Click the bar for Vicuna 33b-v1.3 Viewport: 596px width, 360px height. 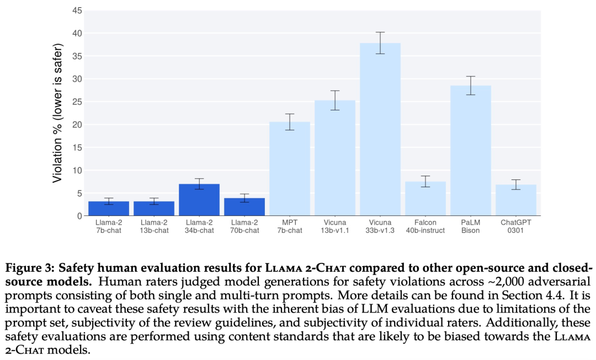click(x=380, y=130)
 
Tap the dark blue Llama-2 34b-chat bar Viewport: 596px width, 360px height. click(x=199, y=200)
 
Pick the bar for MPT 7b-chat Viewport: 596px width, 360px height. click(x=289, y=169)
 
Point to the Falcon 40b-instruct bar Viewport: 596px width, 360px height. click(x=425, y=199)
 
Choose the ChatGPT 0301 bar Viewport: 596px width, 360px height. click(x=515, y=200)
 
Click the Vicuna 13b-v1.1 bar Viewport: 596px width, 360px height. click(x=334, y=158)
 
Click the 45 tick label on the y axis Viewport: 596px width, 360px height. click(x=77, y=11)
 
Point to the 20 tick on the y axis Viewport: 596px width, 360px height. click(x=77, y=125)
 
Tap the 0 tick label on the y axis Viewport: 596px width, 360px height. click(x=79, y=216)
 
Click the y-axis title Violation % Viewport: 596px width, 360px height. click(x=58, y=117)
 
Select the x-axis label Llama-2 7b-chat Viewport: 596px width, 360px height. click(x=109, y=226)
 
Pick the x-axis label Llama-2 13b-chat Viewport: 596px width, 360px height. click(x=154, y=226)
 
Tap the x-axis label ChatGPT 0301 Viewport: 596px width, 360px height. click(x=515, y=226)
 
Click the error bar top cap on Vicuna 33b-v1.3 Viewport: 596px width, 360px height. click(x=380, y=33)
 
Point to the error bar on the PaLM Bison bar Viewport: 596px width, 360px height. click(x=470, y=86)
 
